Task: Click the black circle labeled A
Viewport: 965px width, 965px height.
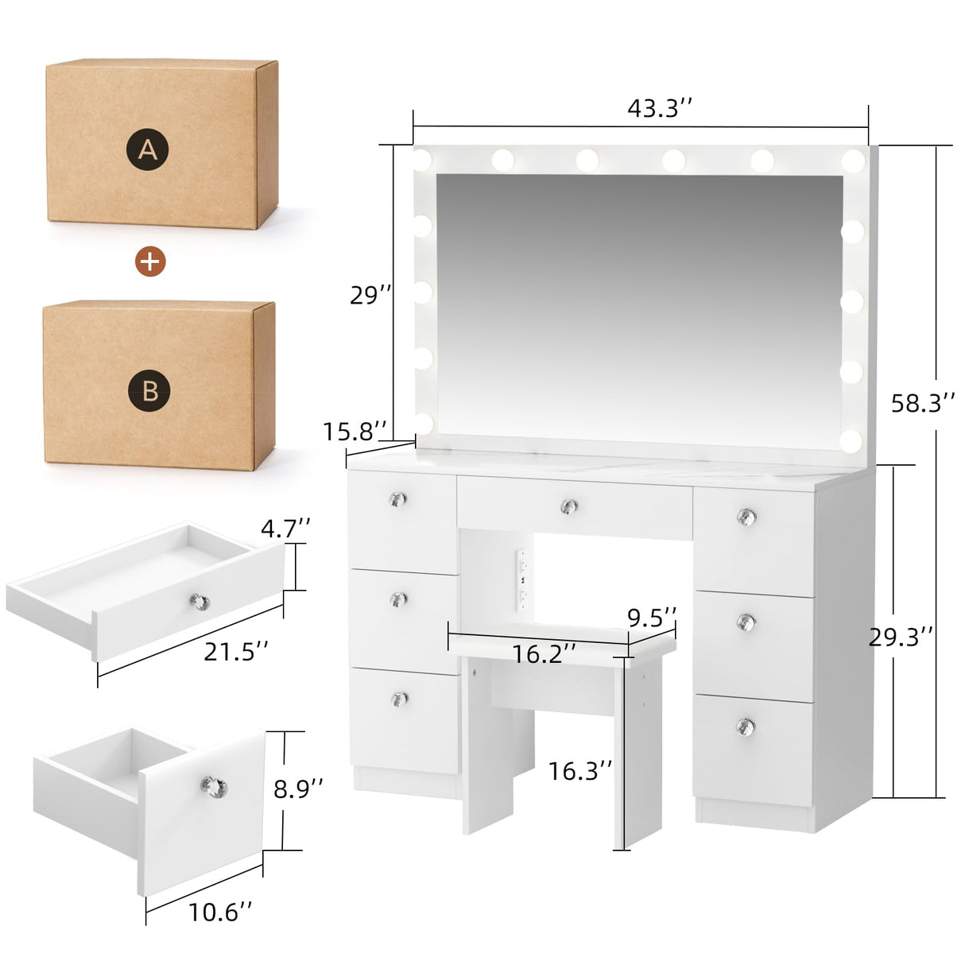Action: (148, 149)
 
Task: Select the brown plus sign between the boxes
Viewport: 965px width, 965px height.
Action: (150, 260)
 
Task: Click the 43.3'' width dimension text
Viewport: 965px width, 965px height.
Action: (660, 109)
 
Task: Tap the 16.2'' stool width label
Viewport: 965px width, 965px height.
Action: (544, 653)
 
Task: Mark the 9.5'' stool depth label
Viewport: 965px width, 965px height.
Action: (652, 617)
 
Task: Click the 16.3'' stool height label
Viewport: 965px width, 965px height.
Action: (580, 769)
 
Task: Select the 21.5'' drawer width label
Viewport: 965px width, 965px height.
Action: (236, 652)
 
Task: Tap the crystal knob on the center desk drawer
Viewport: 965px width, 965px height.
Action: (568, 506)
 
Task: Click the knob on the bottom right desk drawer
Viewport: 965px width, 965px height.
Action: (745, 726)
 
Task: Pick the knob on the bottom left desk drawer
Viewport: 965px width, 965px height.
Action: (400, 699)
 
